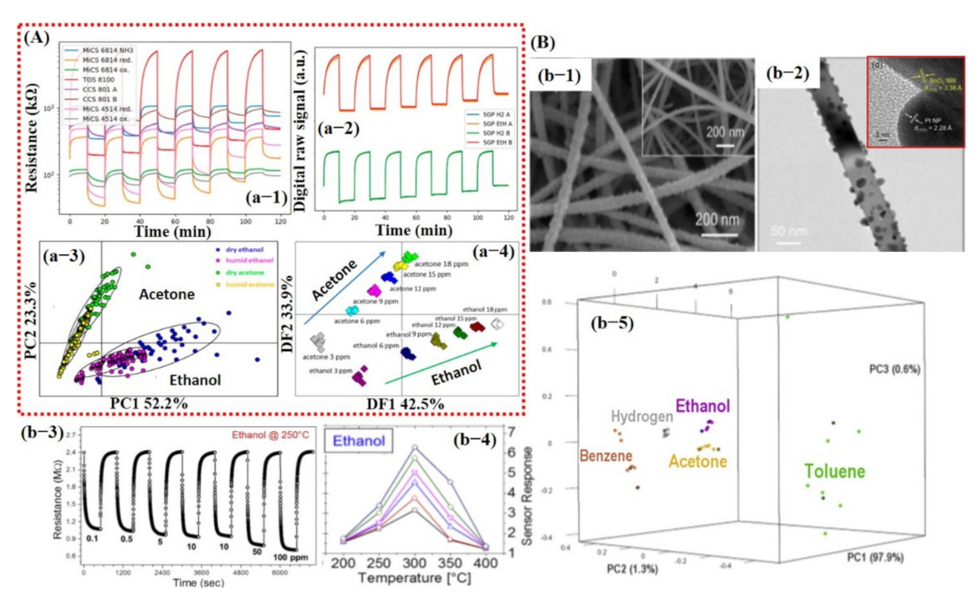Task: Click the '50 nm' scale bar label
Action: [x=780, y=233]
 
